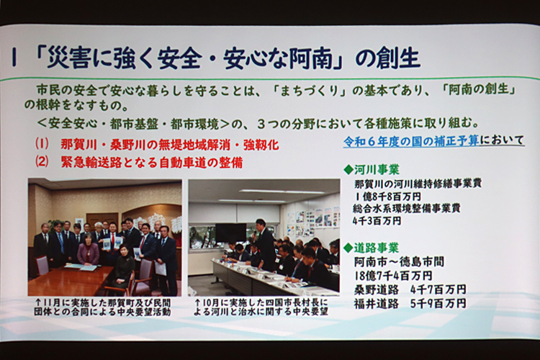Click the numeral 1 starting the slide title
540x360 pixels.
[x=14, y=58]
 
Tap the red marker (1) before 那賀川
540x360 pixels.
[x=42, y=144]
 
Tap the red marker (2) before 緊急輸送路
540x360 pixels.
[x=42, y=162]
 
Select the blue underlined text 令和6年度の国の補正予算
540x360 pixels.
[x=411, y=141]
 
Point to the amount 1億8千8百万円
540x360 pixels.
[x=387, y=197]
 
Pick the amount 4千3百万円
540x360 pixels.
[x=377, y=221]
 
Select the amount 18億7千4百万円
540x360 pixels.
[x=393, y=275]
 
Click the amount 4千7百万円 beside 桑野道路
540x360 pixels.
[x=438, y=289]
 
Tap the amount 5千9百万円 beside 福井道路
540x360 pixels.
[x=438, y=303]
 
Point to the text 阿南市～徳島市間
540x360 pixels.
[x=399, y=262]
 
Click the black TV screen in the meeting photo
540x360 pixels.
[x=230, y=233]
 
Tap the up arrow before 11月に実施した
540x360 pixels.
[x=39, y=303]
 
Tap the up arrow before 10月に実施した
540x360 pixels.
[x=197, y=303]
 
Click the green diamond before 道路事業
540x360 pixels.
[x=348, y=248]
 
